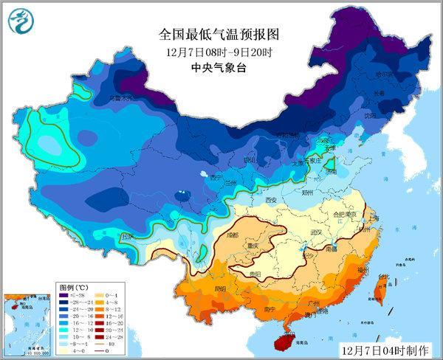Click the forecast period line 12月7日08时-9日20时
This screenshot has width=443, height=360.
click(x=221, y=51)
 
